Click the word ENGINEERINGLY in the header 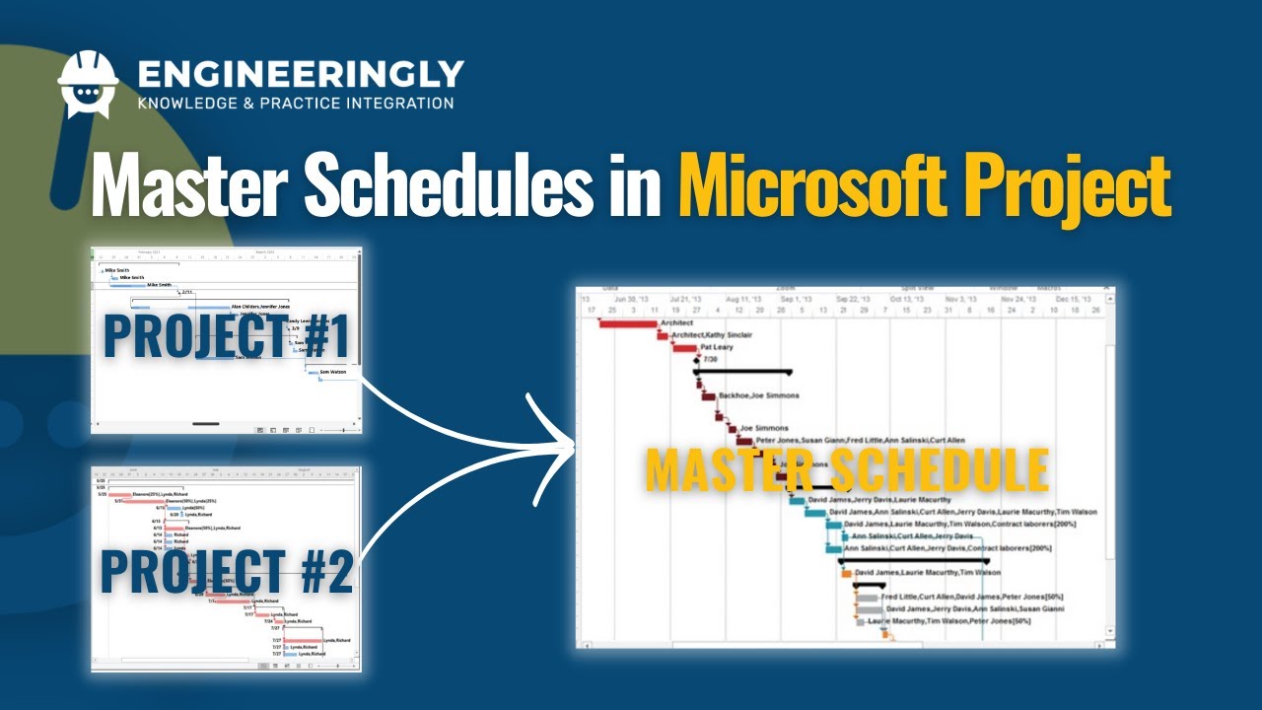point(301,73)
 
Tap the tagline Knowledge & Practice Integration point(296,103)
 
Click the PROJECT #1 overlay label point(227,336)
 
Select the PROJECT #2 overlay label point(227,573)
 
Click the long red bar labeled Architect point(628,323)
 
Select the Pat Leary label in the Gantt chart point(716,348)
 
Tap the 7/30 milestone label point(710,360)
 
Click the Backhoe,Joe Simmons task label point(758,395)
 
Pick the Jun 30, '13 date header point(632,299)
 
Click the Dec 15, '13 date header point(1074,299)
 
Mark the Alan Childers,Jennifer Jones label point(259,307)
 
